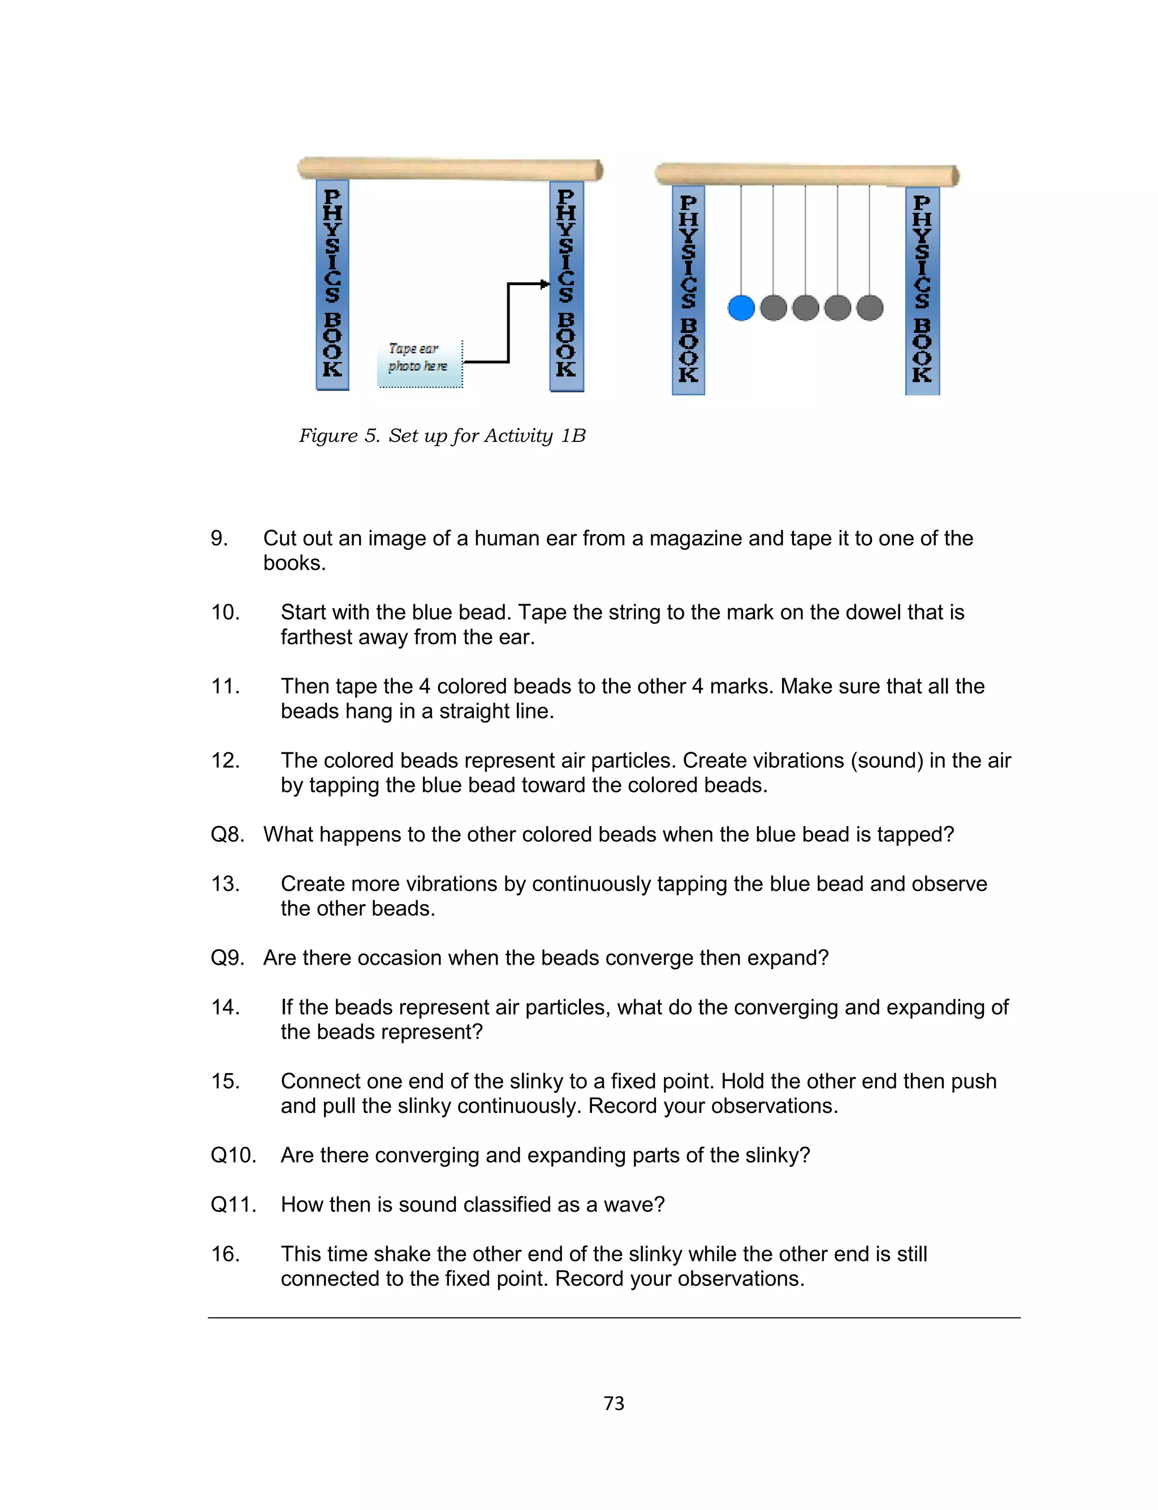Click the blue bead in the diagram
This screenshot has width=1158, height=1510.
pyautogui.click(x=741, y=308)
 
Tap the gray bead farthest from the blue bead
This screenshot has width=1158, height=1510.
pyautogui.click(x=870, y=308)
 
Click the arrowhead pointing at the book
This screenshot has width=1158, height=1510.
pyautogui.click(x=545, y=284)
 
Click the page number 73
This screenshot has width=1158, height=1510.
pyautogui.click(x=613, y=1403)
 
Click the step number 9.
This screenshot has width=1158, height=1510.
pyautogui.click(x=219, y=539)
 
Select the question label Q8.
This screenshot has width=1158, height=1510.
pyautogui.click(x=227, y=834)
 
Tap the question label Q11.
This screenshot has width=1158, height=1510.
pyautogui.click(x=233, y=1204)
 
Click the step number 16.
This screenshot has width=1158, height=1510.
pyautogui.click(x=226, y=1254)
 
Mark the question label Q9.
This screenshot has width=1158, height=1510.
pyautogui.click(x=227, y=958)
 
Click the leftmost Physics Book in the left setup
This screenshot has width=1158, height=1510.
pyautogui.click(x=332, y=284)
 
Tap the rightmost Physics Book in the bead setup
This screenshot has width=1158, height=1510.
pyautogui.click(x=922, y=290)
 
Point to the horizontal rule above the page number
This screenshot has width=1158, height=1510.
pyautogui.click(x=613, y=1318)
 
